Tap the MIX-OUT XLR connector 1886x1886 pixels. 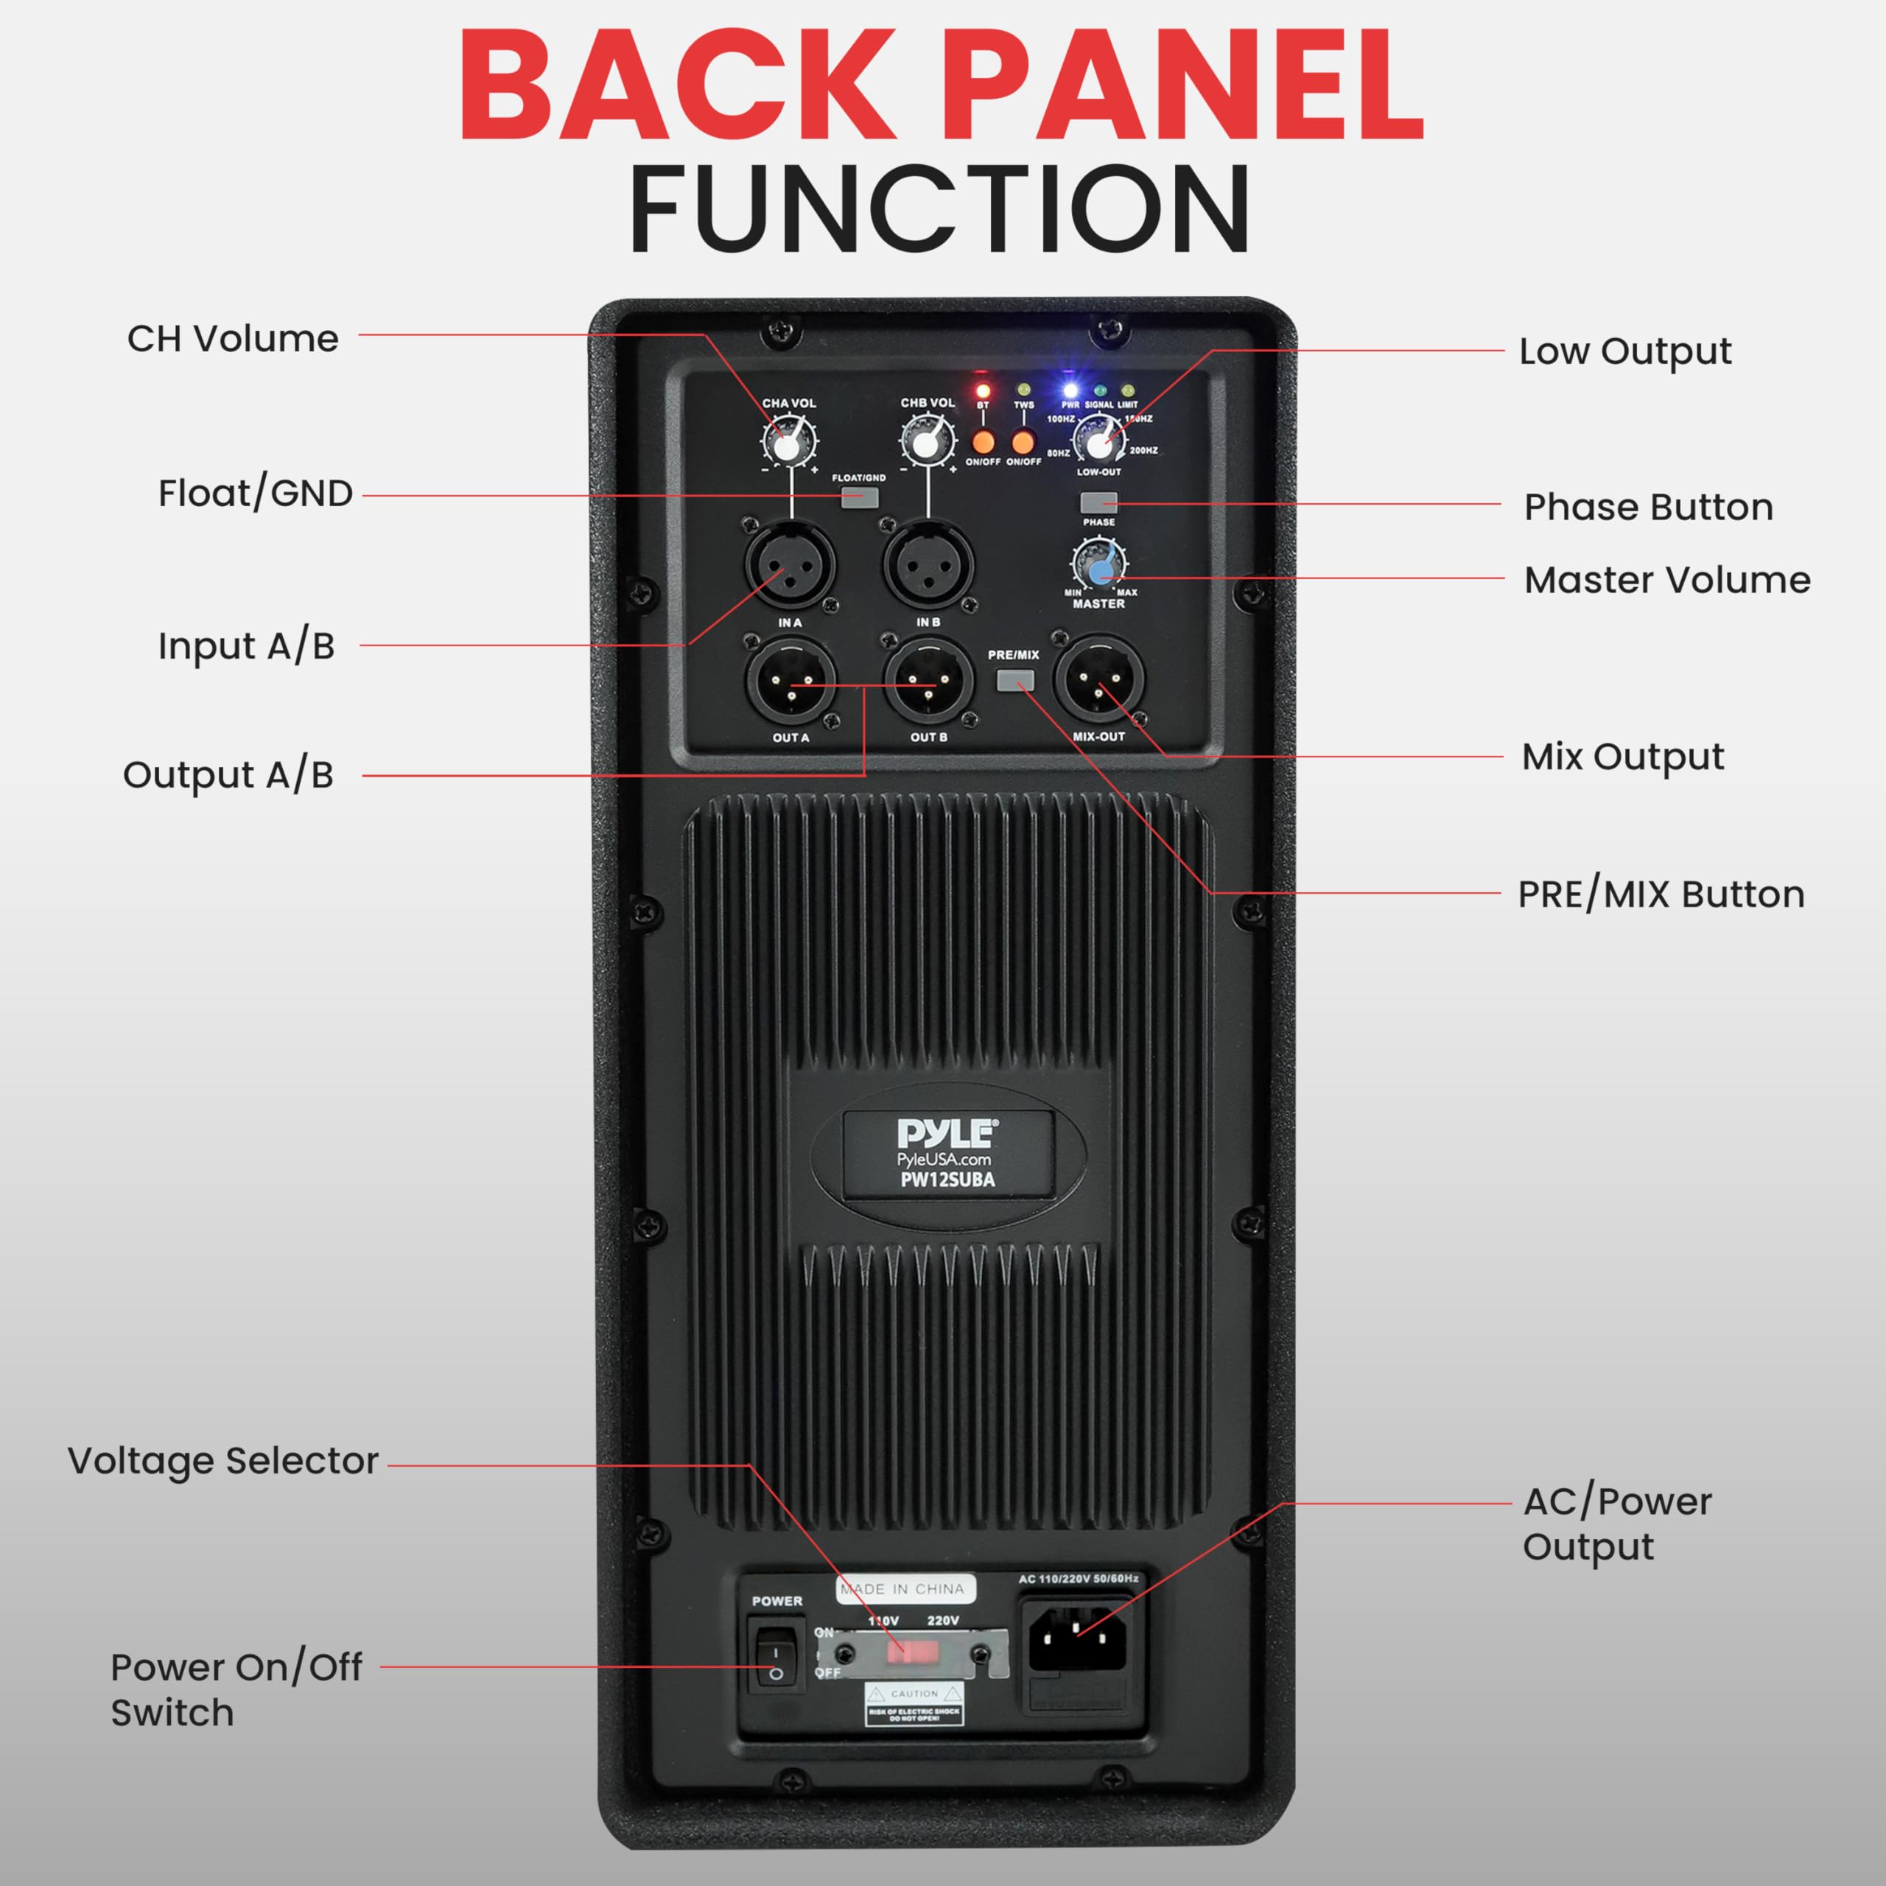1099,681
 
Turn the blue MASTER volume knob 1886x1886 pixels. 1099,565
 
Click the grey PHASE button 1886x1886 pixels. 1098,502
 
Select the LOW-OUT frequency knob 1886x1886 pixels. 1099,442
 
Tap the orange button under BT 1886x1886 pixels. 983,441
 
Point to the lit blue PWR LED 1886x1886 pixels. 1070,390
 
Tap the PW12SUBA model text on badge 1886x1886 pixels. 947,1179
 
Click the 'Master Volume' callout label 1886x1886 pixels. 1666,580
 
